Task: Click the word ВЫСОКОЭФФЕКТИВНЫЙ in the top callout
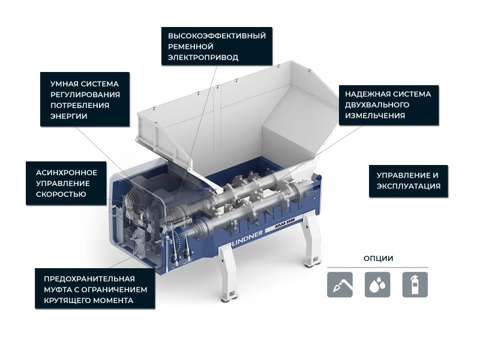pyautogui.click(x=217, y=36)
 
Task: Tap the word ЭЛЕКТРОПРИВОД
pyautogui.click(x=203, y=58)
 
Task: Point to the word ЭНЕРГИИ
pyautogui.click(x=69, y=116)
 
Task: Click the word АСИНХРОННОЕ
pyautogui.click(x=67, y=173)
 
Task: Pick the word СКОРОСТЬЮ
pyautogui.click(x=61, y=194)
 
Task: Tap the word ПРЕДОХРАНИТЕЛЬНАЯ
pyautogui.click(x=89, y=279)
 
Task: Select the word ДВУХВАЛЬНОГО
pyautogui.click(x=377, y=105)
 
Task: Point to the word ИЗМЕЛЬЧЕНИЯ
pyautogui.click(x=375, y=116)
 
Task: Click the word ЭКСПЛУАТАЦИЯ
pyautogui.click(x=409, y=187)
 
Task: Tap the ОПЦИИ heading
pyautogui.click(x=379, y=259)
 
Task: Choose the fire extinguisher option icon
pyautogui.click(x=415, y=284)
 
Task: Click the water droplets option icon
pyautogui.click(x=377, y=284)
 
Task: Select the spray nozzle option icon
pyautogui.click(x=340, y=284)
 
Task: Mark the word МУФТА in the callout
pyautogui.click(x=58, y=290)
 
